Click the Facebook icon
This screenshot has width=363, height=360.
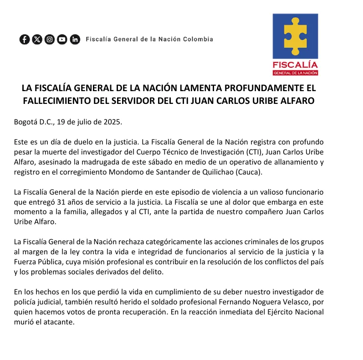[25, 39]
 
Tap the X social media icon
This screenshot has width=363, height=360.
[37, 39]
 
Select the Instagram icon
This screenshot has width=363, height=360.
[50, 39]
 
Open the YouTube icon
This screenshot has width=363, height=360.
[62, 39]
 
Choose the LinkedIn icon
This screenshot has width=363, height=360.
[75, 39]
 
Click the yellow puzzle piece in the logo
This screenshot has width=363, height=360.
[295, 37]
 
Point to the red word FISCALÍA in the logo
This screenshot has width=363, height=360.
[295, 64]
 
